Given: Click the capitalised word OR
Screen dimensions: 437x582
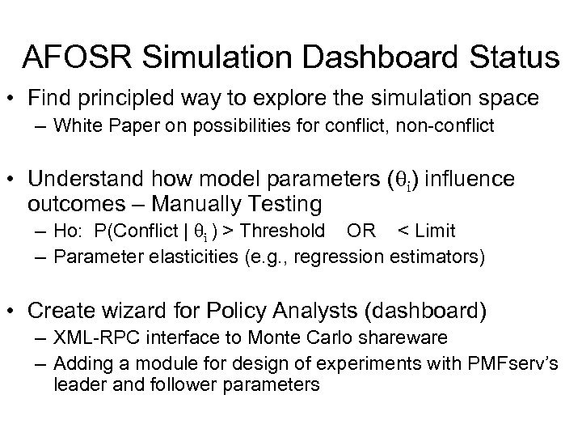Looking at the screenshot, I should pyautogui.click(x=361, y=231).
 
